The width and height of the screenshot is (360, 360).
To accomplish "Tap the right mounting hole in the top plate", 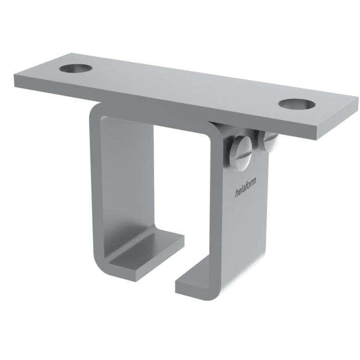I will (x=294, y=104).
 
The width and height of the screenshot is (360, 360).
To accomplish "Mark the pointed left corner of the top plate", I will (x=12, y=78).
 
